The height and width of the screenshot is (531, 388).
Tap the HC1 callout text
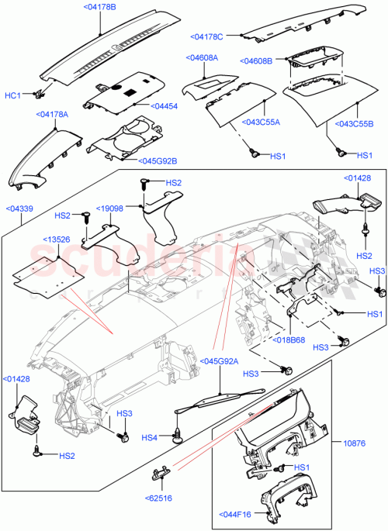[x=13, y=95]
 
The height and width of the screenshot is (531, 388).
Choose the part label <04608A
[x=201, y=58]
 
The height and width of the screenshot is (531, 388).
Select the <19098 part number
[x=110, y=209]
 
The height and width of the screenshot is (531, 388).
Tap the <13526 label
[x=57, y=240]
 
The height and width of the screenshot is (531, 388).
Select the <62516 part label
[x=158, y=498]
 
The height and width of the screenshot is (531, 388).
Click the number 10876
[x=355, y=443]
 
